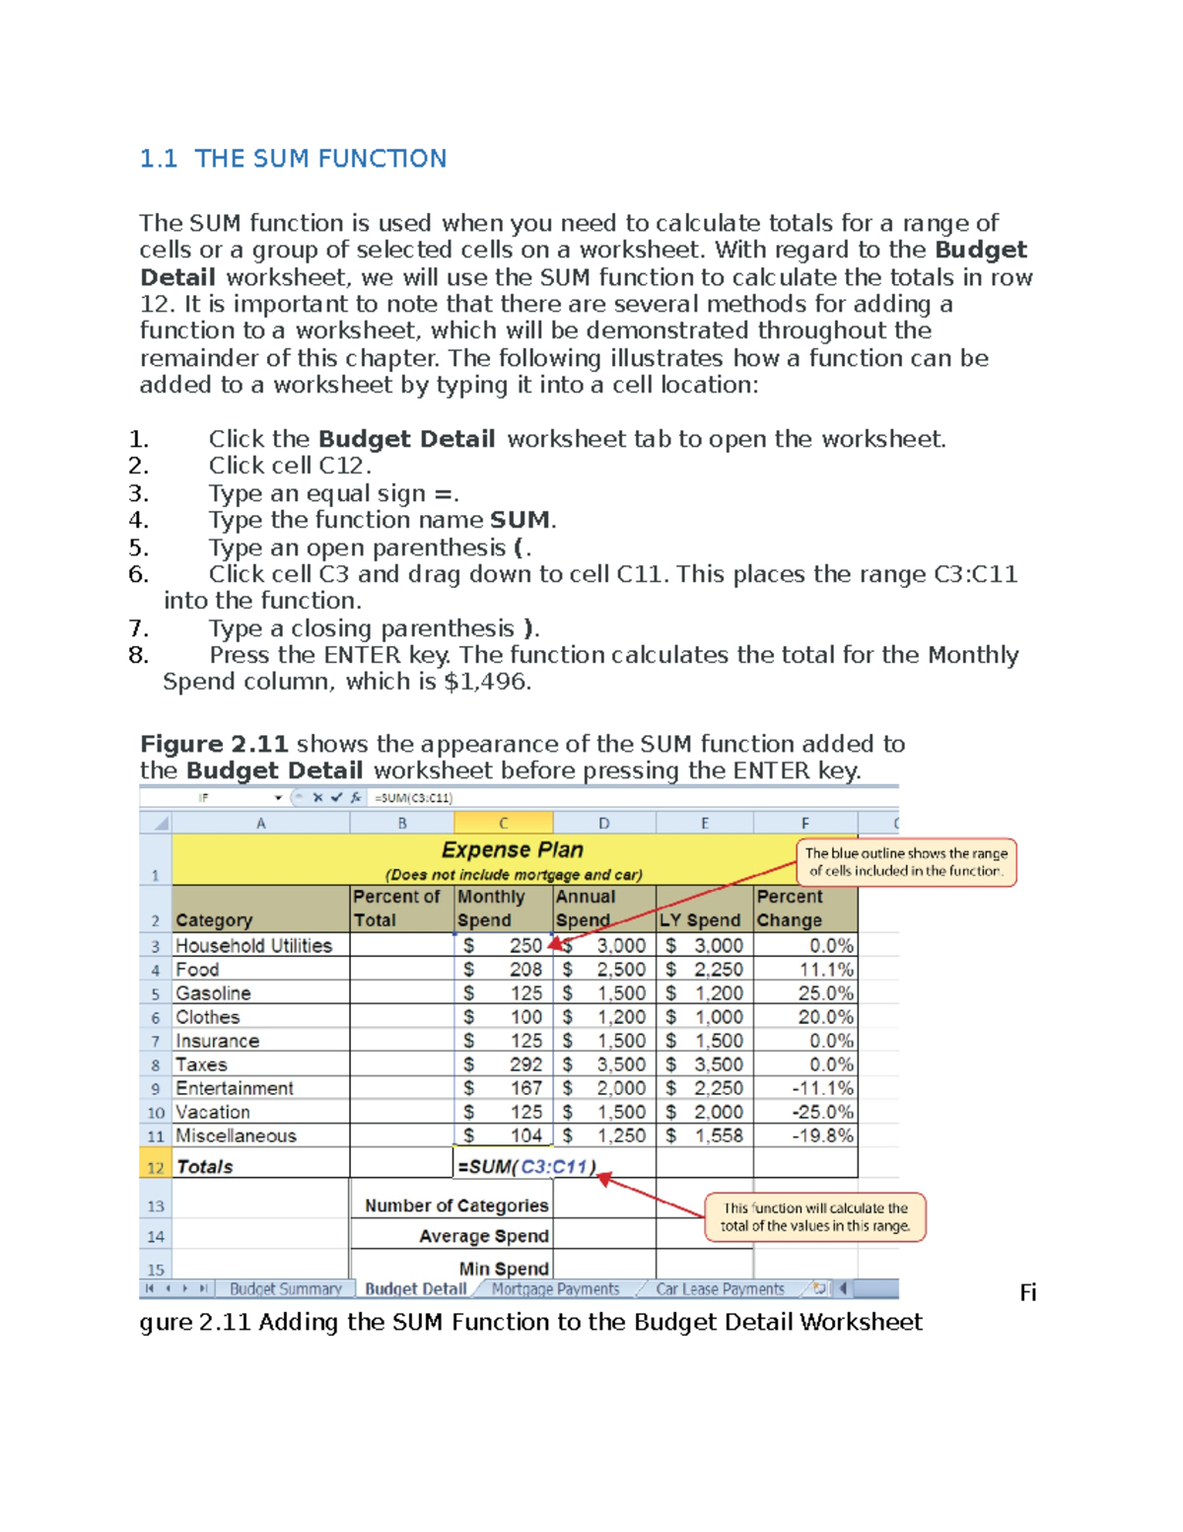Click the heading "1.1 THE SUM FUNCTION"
(293, 159)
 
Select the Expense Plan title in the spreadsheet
(512, 849)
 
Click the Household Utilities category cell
(253, 945)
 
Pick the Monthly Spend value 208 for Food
(525, 969)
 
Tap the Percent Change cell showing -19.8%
(823, 1135)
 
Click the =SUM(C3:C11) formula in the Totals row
(526, 1166)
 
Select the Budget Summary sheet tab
(285, 1288)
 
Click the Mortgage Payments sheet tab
(555, 1288)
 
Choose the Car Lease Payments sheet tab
(720, 1288)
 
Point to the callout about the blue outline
(906, 862)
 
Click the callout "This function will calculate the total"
(814, 1216)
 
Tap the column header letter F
(804, 823)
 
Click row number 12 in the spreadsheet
(155, 1167)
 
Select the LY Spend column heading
(700, 919)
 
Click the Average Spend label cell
(483, 1236)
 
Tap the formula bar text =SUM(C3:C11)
(413, 798)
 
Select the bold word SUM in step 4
(520, 520)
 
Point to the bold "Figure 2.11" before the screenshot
(214, 744)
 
